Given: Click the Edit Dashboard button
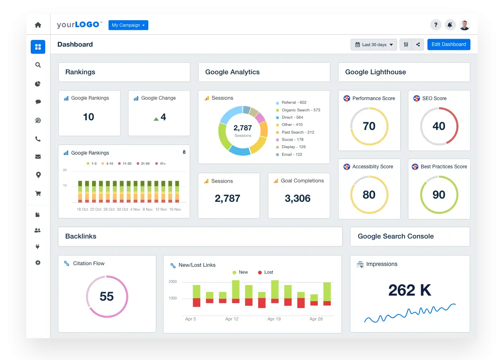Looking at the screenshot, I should coord(448,44).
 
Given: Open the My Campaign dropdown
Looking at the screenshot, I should coord(128,25).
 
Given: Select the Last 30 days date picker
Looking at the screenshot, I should coord(374,44).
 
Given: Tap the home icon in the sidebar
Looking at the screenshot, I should coord(38,25).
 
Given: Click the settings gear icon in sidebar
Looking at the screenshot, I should coord(38,263).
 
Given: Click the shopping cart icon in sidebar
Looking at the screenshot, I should coord(38,193).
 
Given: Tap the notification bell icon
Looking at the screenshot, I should coord(450,25).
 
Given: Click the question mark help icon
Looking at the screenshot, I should coord(435,25).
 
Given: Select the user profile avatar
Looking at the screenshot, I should coord(464,25).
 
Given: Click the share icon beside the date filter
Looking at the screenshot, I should coord(418,44).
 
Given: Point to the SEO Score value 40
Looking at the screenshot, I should coord(439,126).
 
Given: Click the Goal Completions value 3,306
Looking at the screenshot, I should coord(298,198).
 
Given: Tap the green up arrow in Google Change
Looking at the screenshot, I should coord(156,119).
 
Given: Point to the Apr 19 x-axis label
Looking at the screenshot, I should coord(274,319).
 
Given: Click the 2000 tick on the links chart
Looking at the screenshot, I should coord(172,282).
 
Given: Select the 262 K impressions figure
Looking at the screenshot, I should coord(409,290).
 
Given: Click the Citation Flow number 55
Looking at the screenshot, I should coord(107,297).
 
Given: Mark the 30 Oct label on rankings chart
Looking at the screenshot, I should coord(122,209).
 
